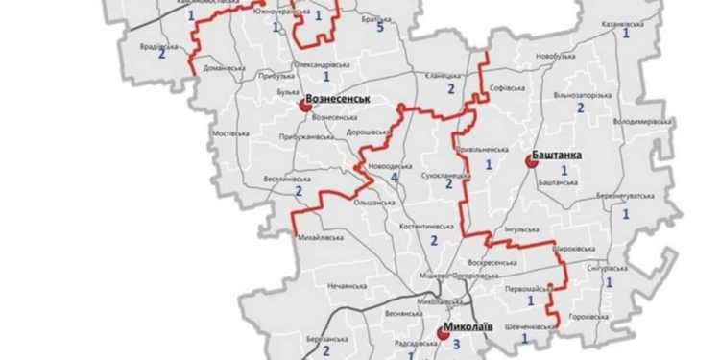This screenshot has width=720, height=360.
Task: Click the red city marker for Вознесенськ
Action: tap(305, 108)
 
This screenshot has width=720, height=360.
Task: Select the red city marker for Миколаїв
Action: tap(443, 333)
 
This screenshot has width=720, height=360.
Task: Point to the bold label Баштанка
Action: tap(558, 155)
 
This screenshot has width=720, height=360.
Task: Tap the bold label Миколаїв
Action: tap(469, 326)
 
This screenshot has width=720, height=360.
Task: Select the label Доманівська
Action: tap(224, 68)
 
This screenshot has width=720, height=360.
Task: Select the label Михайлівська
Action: tap(322, 235)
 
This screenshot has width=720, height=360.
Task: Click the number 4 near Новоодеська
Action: tap(395, 179)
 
